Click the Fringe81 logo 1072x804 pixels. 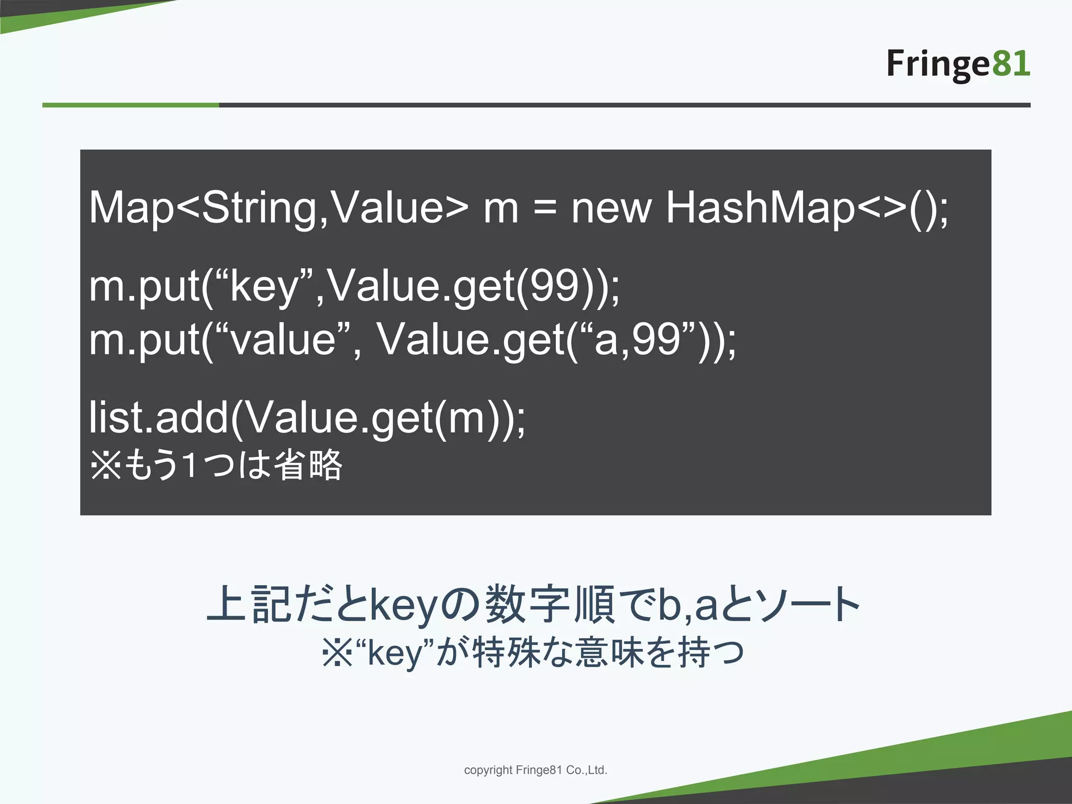click(958, 64)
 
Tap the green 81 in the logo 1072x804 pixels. click(1011, 63)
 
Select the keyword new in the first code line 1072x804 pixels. click(611, 208)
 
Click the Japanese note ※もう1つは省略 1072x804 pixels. click(216, 465)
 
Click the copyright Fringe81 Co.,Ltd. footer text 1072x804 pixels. click(535, 770)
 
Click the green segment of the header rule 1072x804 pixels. click(130, 105)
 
